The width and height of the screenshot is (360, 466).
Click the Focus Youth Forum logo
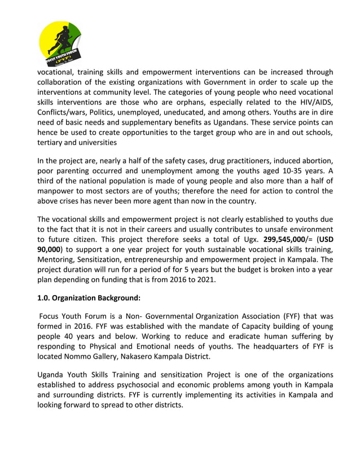coord(60,43)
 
